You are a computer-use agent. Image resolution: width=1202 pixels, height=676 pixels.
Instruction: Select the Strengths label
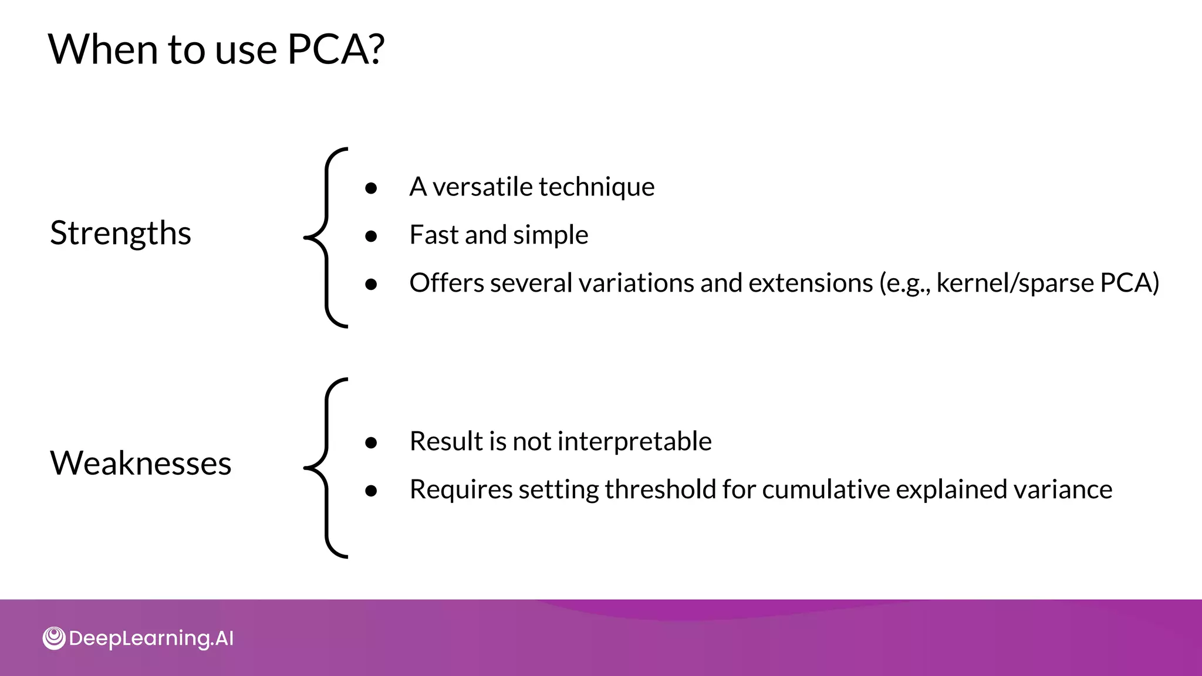pos(120,233)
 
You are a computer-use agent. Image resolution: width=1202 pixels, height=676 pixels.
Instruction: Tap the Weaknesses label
pos(140,463)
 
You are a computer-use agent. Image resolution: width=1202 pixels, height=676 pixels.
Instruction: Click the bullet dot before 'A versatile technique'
pos(371,188)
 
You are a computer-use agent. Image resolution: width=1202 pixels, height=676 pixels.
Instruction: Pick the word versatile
pos(482,187)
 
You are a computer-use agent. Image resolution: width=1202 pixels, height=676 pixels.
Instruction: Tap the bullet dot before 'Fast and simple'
pos(371,236)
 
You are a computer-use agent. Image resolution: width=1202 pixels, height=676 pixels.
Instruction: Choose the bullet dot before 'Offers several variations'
pos(371,284)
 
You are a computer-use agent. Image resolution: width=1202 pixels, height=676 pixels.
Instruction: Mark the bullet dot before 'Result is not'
pos(371,442)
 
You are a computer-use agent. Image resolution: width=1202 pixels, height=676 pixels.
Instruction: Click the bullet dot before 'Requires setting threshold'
pos(371,491)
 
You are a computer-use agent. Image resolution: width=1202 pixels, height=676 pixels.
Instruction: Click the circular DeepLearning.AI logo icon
pos(54,638)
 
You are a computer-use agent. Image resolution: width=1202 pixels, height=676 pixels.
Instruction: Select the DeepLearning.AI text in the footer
pos(151,638)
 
